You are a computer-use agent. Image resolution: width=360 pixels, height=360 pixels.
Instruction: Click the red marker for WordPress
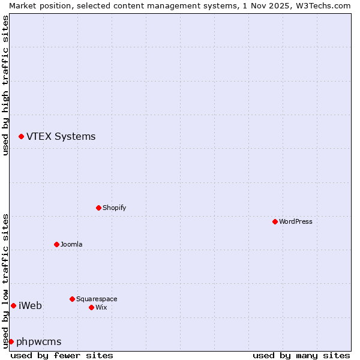(x=275, y=221)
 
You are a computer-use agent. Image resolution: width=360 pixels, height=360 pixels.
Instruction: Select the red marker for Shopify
(x=98, y=208)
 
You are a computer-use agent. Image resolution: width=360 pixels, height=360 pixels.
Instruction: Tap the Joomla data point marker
(x=56, y=244)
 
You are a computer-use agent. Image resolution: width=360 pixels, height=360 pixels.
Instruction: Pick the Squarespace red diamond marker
(x=72, y=299)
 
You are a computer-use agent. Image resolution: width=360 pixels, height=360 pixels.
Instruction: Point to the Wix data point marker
(x=91, y=307)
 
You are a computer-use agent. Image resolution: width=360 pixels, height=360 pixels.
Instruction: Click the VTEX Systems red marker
(x=21, y=137)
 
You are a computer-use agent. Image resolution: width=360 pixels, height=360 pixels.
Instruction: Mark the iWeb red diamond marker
(x=13, y=305)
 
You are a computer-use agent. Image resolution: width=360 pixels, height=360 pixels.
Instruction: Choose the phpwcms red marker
(x=11, y=341)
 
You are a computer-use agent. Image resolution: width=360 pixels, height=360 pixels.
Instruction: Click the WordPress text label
(x=296, y=221)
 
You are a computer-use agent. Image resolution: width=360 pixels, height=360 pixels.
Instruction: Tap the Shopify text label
(x=114, y=208)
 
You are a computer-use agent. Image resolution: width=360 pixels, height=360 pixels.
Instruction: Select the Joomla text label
(x=71, y=244)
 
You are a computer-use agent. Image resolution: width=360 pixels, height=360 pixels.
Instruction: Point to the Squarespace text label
(x=97, y=299)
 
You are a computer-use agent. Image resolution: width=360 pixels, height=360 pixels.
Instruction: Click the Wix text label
(x=101, y=307)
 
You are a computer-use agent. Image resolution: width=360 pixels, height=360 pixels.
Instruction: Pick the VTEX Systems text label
(x=61, y=136)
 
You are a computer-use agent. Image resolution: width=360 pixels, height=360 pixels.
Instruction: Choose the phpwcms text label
(x=39, y=342)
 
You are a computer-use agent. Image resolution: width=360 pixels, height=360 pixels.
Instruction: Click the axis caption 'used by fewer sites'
(x=62, y=355)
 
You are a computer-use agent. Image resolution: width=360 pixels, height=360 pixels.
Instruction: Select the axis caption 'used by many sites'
(x=301, y=355)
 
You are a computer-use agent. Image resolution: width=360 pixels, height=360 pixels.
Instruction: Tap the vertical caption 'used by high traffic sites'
(x=5, y=85)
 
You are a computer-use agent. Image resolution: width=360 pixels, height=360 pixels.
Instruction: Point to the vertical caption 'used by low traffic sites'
(x=5, y=280)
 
